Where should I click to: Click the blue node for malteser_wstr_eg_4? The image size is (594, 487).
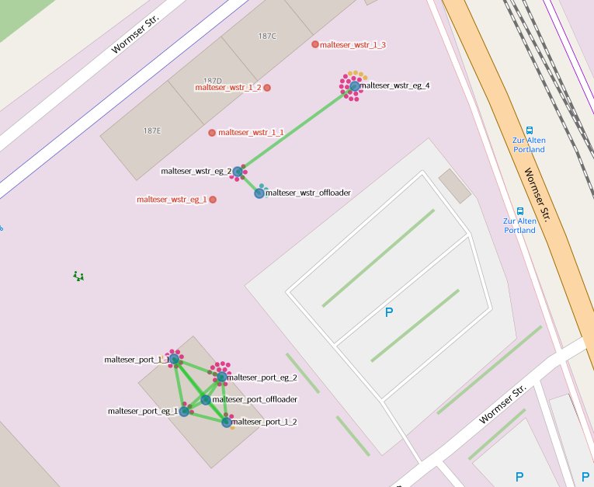pos(355,86)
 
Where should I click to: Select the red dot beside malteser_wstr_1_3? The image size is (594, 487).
pos(315,44)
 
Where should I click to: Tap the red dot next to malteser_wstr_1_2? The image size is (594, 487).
pos(267,88)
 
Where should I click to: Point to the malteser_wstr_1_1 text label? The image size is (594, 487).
pos(251,133)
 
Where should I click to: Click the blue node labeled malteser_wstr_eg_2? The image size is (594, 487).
pos(238,172)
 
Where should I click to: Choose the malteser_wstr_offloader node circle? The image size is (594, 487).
pos(259,193)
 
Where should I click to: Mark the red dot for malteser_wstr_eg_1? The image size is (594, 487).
pos(213,200)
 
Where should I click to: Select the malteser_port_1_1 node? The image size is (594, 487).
pos(175,360)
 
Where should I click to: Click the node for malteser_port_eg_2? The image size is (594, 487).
pos(222,377)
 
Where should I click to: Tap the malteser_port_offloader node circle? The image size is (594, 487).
pos(206,399)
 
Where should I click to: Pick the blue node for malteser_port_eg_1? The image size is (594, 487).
pos(184,412)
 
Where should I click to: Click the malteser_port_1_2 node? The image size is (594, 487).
pos(227,422)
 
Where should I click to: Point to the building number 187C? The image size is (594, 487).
pos(267,36)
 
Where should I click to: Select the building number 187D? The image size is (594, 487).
pos(212,81)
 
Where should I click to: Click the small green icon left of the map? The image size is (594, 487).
pos(78,275)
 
